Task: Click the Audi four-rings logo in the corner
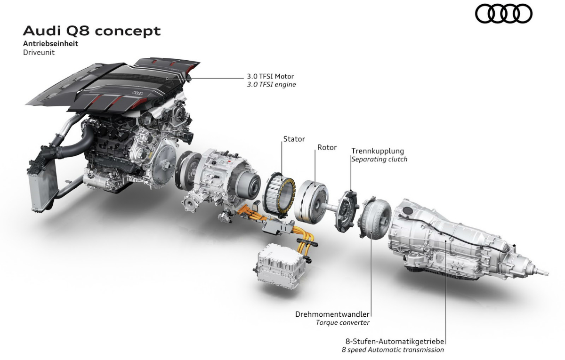pos(503,14)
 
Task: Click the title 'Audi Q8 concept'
pos(92,31)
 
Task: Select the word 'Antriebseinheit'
pos(51,44)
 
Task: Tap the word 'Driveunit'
pos(39,53)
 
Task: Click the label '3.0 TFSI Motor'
pos(270,76)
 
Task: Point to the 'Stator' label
pos(294,139)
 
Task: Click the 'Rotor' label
pos(327,147)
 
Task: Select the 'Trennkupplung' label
pos(378,151)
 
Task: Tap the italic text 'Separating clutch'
pos(379,160)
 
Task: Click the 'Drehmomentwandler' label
pos(332,314)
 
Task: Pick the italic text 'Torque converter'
pos(343,323)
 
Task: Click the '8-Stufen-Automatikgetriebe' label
pos(395,342)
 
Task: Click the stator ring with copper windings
pos(279,195)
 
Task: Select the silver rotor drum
pos(312,202)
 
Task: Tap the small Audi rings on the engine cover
pos(137,93)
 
